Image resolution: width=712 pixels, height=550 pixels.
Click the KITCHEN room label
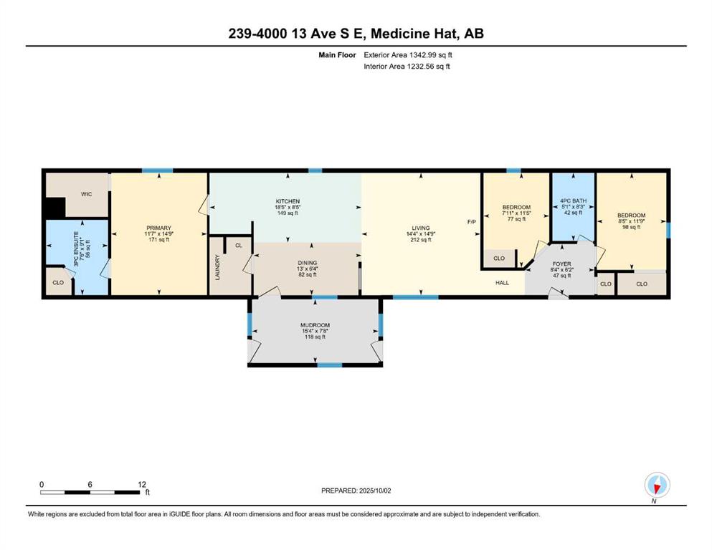point(288,201)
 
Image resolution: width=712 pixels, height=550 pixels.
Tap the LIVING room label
point(421,228)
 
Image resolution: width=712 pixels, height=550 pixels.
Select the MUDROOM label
point(315,325)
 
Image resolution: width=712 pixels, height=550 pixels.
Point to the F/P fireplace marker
point(472,222)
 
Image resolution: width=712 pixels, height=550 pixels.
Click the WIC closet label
point(86,194)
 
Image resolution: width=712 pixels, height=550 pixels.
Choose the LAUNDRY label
point(217,268)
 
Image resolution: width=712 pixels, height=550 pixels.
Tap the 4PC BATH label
point(573,201)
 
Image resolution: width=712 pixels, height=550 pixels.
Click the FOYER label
point(561,264)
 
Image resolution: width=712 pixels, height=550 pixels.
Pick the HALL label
point(502,282)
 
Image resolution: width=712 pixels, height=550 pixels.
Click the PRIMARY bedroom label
point(159,228)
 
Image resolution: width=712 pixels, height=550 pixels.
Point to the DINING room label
point(308,263)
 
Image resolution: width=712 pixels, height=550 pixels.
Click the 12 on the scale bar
point(142,484)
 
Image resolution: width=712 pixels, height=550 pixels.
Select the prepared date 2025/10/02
point(375,491)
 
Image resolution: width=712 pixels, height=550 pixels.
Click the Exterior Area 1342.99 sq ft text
point(408,55)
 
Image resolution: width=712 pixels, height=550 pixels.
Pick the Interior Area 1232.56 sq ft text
point(407,66)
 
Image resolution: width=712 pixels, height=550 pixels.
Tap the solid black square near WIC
point(55,208)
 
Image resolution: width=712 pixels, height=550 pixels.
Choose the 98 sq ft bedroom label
point(631,227)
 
